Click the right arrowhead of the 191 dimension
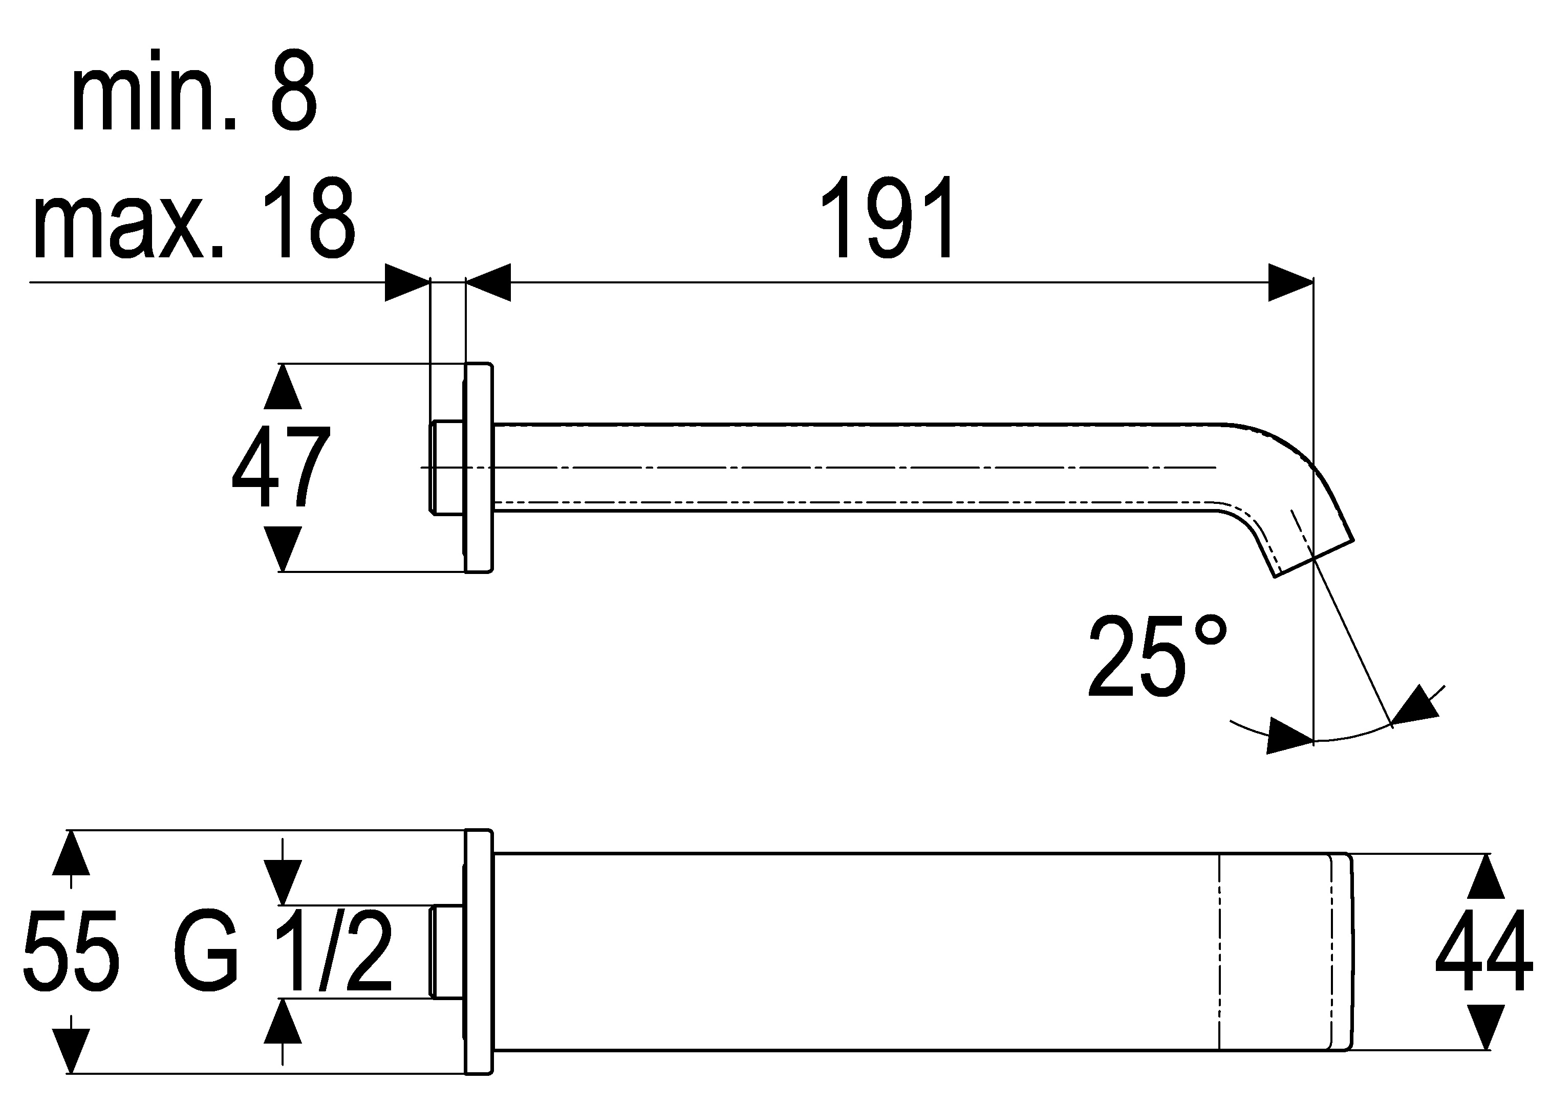pos(1290,282)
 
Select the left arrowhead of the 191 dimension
pos(488,282)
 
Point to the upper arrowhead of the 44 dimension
pos(1486,877)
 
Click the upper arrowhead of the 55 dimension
pos(71,853)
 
